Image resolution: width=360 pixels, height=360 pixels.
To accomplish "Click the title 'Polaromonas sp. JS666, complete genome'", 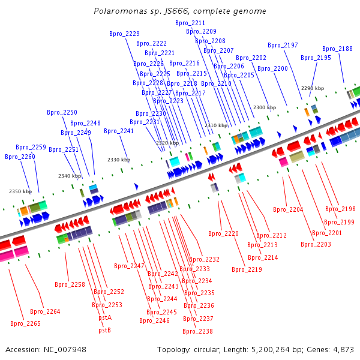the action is pyautogui.click(x=180, y=11).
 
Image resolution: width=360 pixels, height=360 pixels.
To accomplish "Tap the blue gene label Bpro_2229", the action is pyautogui.click(x=124, y=34).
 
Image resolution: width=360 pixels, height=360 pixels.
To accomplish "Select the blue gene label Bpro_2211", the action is pyautogui.click(x=190, y=23).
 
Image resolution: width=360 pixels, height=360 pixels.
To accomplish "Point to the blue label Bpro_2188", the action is pyautogui.click(x=337, y=49).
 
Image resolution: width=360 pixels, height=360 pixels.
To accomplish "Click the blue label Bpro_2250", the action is pyautogui.click(x=62, y=112).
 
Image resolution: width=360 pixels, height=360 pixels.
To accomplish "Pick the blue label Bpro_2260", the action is pyautogui.click(x=20, y=157).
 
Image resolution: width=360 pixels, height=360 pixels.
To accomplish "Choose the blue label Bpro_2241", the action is pyautogui.click(x=119, y=131).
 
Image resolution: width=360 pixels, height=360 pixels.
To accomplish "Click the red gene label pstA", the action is pyautogui.click(x=105, y=318).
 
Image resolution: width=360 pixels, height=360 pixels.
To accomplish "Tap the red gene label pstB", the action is pyautogui.click(x=104, y=330).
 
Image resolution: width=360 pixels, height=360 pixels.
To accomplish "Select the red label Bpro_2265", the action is pyautogui.click(x=25, y=323).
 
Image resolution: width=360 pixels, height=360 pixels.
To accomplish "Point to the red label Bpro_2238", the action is pyautogui.click(x=197, y=331).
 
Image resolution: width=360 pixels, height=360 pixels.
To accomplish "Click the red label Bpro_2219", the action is pyautogui.click(x=247, y=269).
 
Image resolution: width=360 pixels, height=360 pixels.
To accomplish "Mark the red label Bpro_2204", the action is pyautogui.click(x=288, y=209).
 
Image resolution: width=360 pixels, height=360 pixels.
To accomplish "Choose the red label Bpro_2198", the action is pyautogui.click(x=340, y=209).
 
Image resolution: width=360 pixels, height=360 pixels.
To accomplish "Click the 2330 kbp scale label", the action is pyautogui.click(x=119, y=160).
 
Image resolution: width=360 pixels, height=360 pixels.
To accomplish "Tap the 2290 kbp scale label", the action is pyautogui.click(x=313, y=88).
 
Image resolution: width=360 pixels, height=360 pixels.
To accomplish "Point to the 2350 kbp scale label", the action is pyautogui.click(x=20, y=191).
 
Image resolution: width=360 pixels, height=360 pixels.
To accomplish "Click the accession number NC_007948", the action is pyautogui.click(x=65, y=350).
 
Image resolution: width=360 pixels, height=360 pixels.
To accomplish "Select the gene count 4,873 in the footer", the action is pyautogui.click(x=343, y=350).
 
